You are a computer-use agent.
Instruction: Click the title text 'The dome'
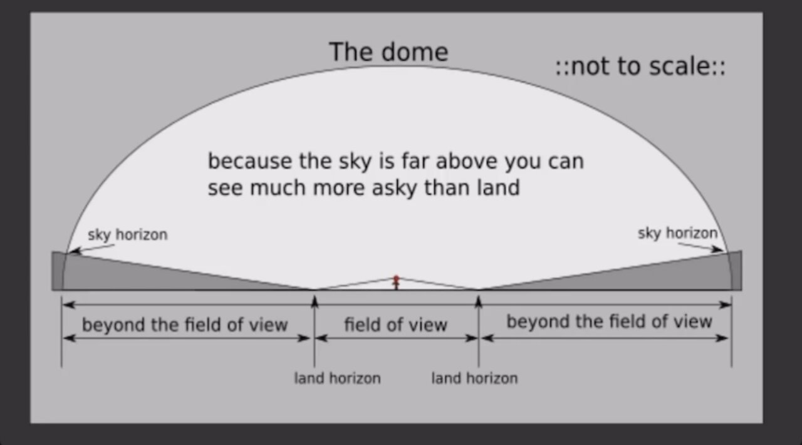(x=388, y=52)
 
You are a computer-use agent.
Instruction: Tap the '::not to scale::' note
(x=640, y=66)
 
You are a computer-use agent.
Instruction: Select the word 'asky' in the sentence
(x=395, y=189)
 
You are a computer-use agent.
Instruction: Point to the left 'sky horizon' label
(x=128, y=235)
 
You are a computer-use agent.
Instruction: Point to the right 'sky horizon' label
(x=678, y=234)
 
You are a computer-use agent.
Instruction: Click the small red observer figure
(x=396, y=283)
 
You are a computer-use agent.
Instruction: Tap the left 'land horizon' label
(x=337, y=379)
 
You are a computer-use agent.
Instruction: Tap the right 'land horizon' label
(x=474, y=379)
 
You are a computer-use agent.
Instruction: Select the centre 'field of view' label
(x=395, y=325)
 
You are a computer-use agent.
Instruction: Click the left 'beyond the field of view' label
(x=185, y=325)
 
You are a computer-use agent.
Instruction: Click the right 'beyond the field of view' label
(x=609, y=322)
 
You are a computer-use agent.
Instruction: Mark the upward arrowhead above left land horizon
(x=315, y=301)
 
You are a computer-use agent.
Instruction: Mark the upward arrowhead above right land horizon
(x=479, y=301)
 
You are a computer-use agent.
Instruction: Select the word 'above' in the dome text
(x=467, y=161)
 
